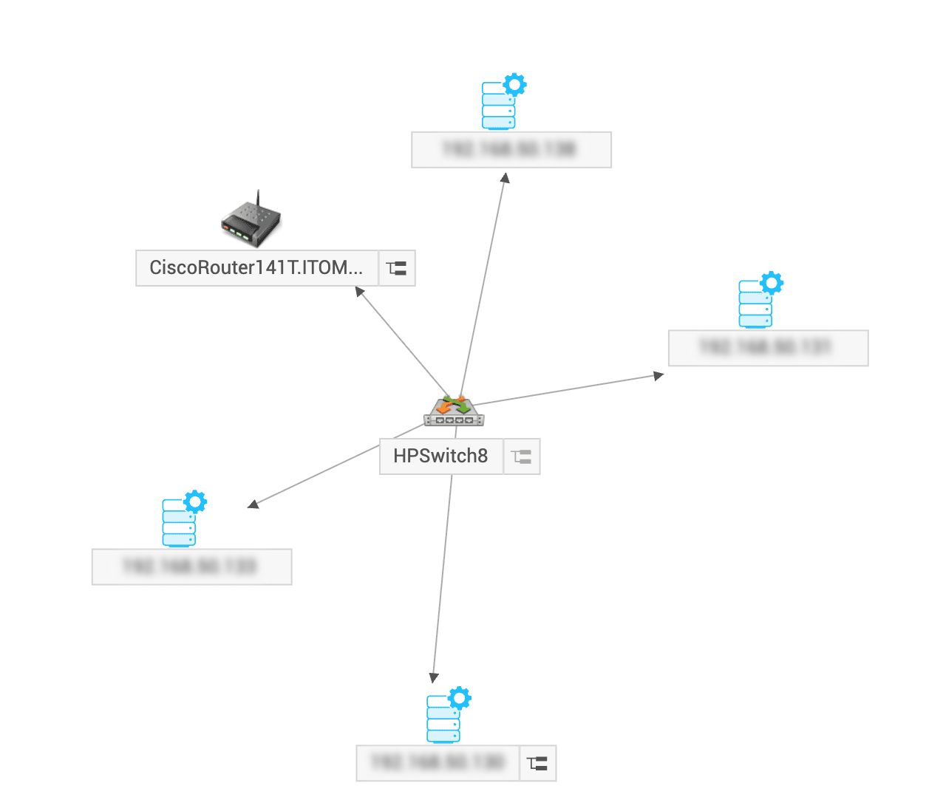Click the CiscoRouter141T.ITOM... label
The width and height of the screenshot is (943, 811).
pyautogui.click(x=256, y=267)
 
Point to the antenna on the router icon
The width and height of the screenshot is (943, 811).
pyautogui.click(x=258, y=197)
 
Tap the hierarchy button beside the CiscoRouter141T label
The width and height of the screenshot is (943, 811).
pyautogui.click(x=397, y=268)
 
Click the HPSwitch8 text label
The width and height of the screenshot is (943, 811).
pyautogui.click(x=440, y=456)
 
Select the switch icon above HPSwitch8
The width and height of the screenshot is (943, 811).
pyautogui.click(x=454, y=411)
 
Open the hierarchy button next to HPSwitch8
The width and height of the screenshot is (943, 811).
pyautogui.click(x=522, y=456)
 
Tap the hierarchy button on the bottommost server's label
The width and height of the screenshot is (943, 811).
pyautogui.click(x=538, y=763)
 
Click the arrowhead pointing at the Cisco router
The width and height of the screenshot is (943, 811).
pyautogui.click(x=360, y=292)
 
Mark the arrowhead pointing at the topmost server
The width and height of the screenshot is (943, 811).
pyautogui.click(x=505, y=178)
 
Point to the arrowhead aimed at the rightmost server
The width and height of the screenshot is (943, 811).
pyautogui.click(x=658, y=376)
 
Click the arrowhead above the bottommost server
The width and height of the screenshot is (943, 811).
pyautogui.click(x=434, y=677)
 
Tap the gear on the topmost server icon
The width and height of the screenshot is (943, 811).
pyautogui.click(x=514, y=84)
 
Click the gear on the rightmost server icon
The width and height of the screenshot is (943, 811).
pyautogui.click(x=772, y=282)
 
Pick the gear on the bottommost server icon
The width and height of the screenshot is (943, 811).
pyautogui.click(x=460, y=697)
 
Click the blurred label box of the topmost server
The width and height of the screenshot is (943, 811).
pyautogui.click(x=511, y=150)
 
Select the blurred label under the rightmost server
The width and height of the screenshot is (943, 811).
pyautogui.click(x=768, y=348)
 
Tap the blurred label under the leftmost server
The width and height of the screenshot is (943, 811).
pyautogui.click(x=191, y=567)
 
